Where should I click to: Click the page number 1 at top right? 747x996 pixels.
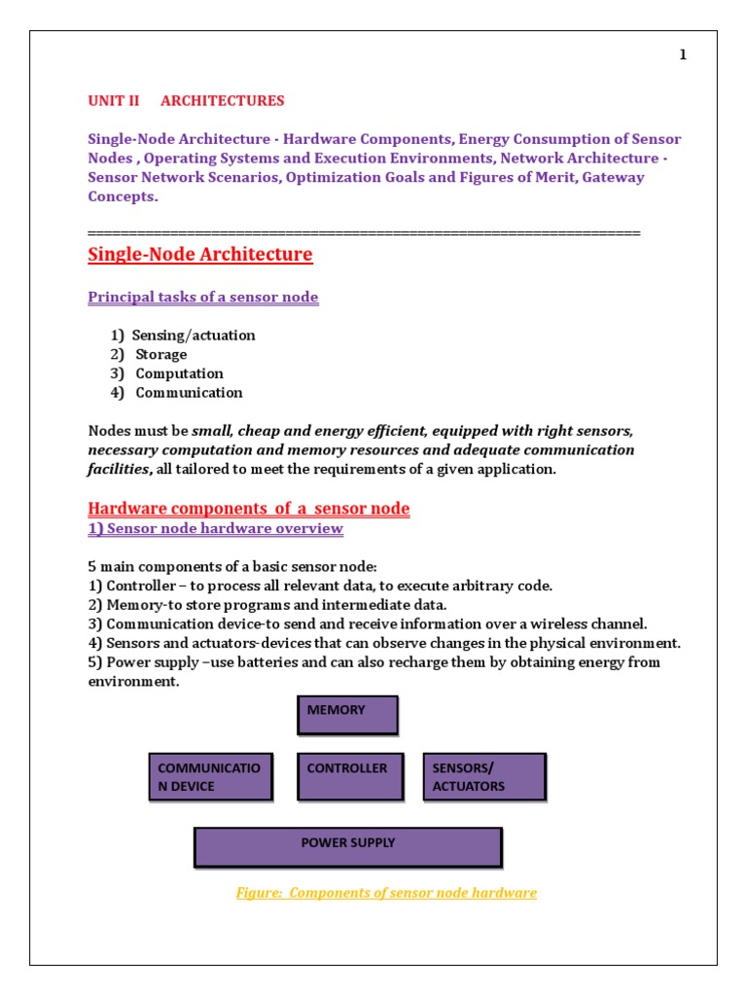coord(683,55)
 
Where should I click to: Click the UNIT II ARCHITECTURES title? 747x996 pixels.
coord(186,101)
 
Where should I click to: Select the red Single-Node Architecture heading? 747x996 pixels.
coord(200,255)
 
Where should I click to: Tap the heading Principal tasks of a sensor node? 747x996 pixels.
coord(202,297)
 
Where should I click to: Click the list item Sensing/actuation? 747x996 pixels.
coord(193,336)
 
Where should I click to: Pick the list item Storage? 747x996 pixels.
coord(160,355)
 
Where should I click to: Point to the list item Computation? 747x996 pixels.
coord(179,373)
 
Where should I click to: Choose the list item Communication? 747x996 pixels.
coord(189,393)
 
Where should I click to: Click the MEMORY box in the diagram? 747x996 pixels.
coord(347,715)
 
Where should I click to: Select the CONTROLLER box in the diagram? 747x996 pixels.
coord(349,776)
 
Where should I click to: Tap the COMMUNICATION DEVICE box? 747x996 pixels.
coord(210,776)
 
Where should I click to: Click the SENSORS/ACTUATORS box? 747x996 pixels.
coord(482,776)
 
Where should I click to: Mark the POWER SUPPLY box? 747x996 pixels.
coord(348,846)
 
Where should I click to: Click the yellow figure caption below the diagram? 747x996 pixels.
coord(386,893)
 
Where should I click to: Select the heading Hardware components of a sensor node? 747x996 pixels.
coord(248,509)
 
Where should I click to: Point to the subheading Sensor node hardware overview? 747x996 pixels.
coord(215,528)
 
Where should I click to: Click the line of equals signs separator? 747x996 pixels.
coord(364,233)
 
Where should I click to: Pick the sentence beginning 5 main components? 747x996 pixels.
coord(237,567)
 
